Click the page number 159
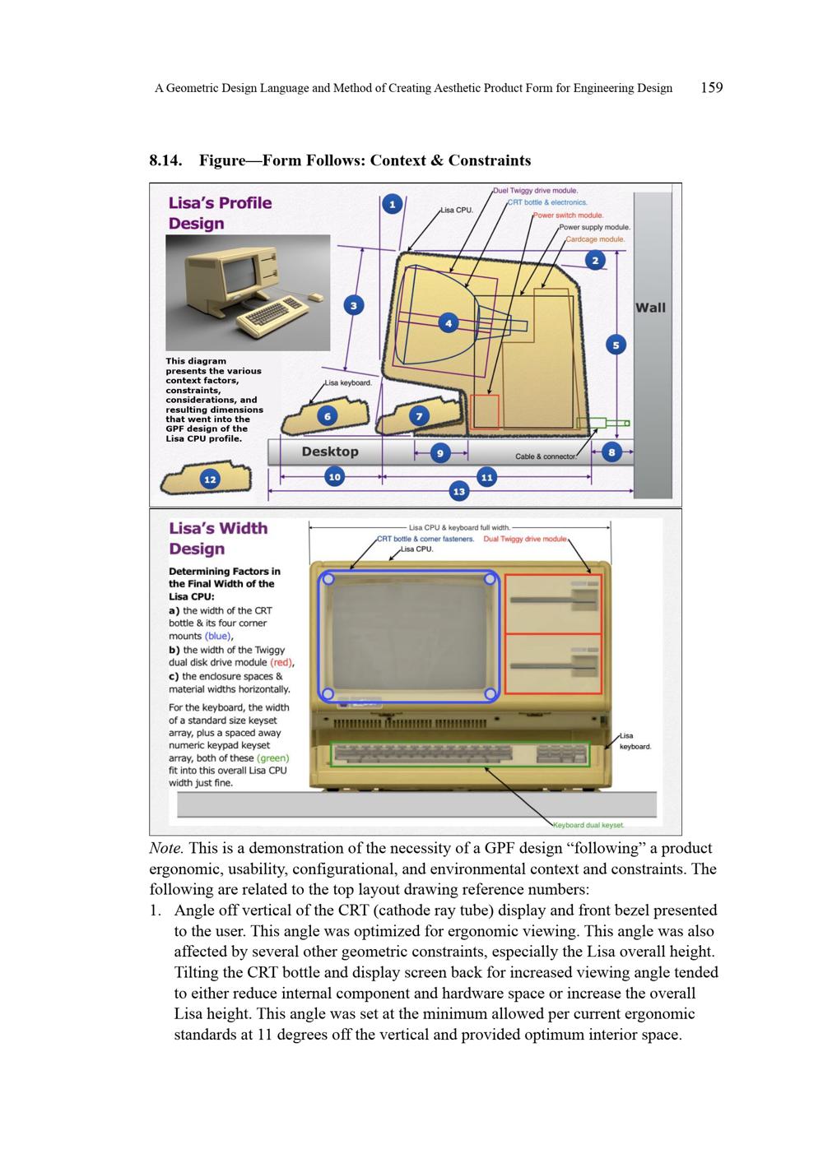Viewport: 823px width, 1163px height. tap(712, 88)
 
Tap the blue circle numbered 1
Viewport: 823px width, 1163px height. tap(393, 205)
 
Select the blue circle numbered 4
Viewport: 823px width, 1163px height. tap(448, 323)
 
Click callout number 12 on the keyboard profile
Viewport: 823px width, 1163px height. tap(211, 479)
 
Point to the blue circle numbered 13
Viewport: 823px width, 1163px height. tap(458, 491)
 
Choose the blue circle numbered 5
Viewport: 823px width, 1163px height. tap(616, 345)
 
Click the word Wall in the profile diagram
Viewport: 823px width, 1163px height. tap(650, 308)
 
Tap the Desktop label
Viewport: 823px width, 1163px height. tap(330, 452)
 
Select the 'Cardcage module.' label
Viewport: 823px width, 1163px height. tap(595, 239)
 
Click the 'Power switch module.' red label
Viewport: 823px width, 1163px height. tap(568, 215)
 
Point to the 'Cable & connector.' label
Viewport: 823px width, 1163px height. tap(546, 456)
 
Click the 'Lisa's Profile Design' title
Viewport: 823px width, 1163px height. tap(220, 213)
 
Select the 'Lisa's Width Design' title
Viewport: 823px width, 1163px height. tap(218, 539)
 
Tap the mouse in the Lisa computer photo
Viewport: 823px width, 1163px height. tap(314, 298)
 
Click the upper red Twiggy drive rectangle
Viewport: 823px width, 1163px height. tap(553, 604)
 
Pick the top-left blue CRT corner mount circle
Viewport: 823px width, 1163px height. tap(328, 580)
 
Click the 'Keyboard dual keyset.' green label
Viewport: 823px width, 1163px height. tap(588, 824)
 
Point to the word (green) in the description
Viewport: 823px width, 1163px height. tap(273, 758)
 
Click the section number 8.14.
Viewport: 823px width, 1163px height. tap(165, 160)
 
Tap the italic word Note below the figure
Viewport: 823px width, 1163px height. tap(166, 849)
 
